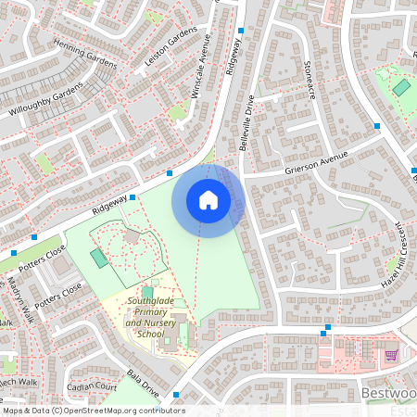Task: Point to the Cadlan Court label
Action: (x=91, y=386)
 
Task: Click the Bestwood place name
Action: (x=385, y=394)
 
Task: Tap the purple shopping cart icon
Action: (x=391, y=355)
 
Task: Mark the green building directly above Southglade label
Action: (x=147, y=291)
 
